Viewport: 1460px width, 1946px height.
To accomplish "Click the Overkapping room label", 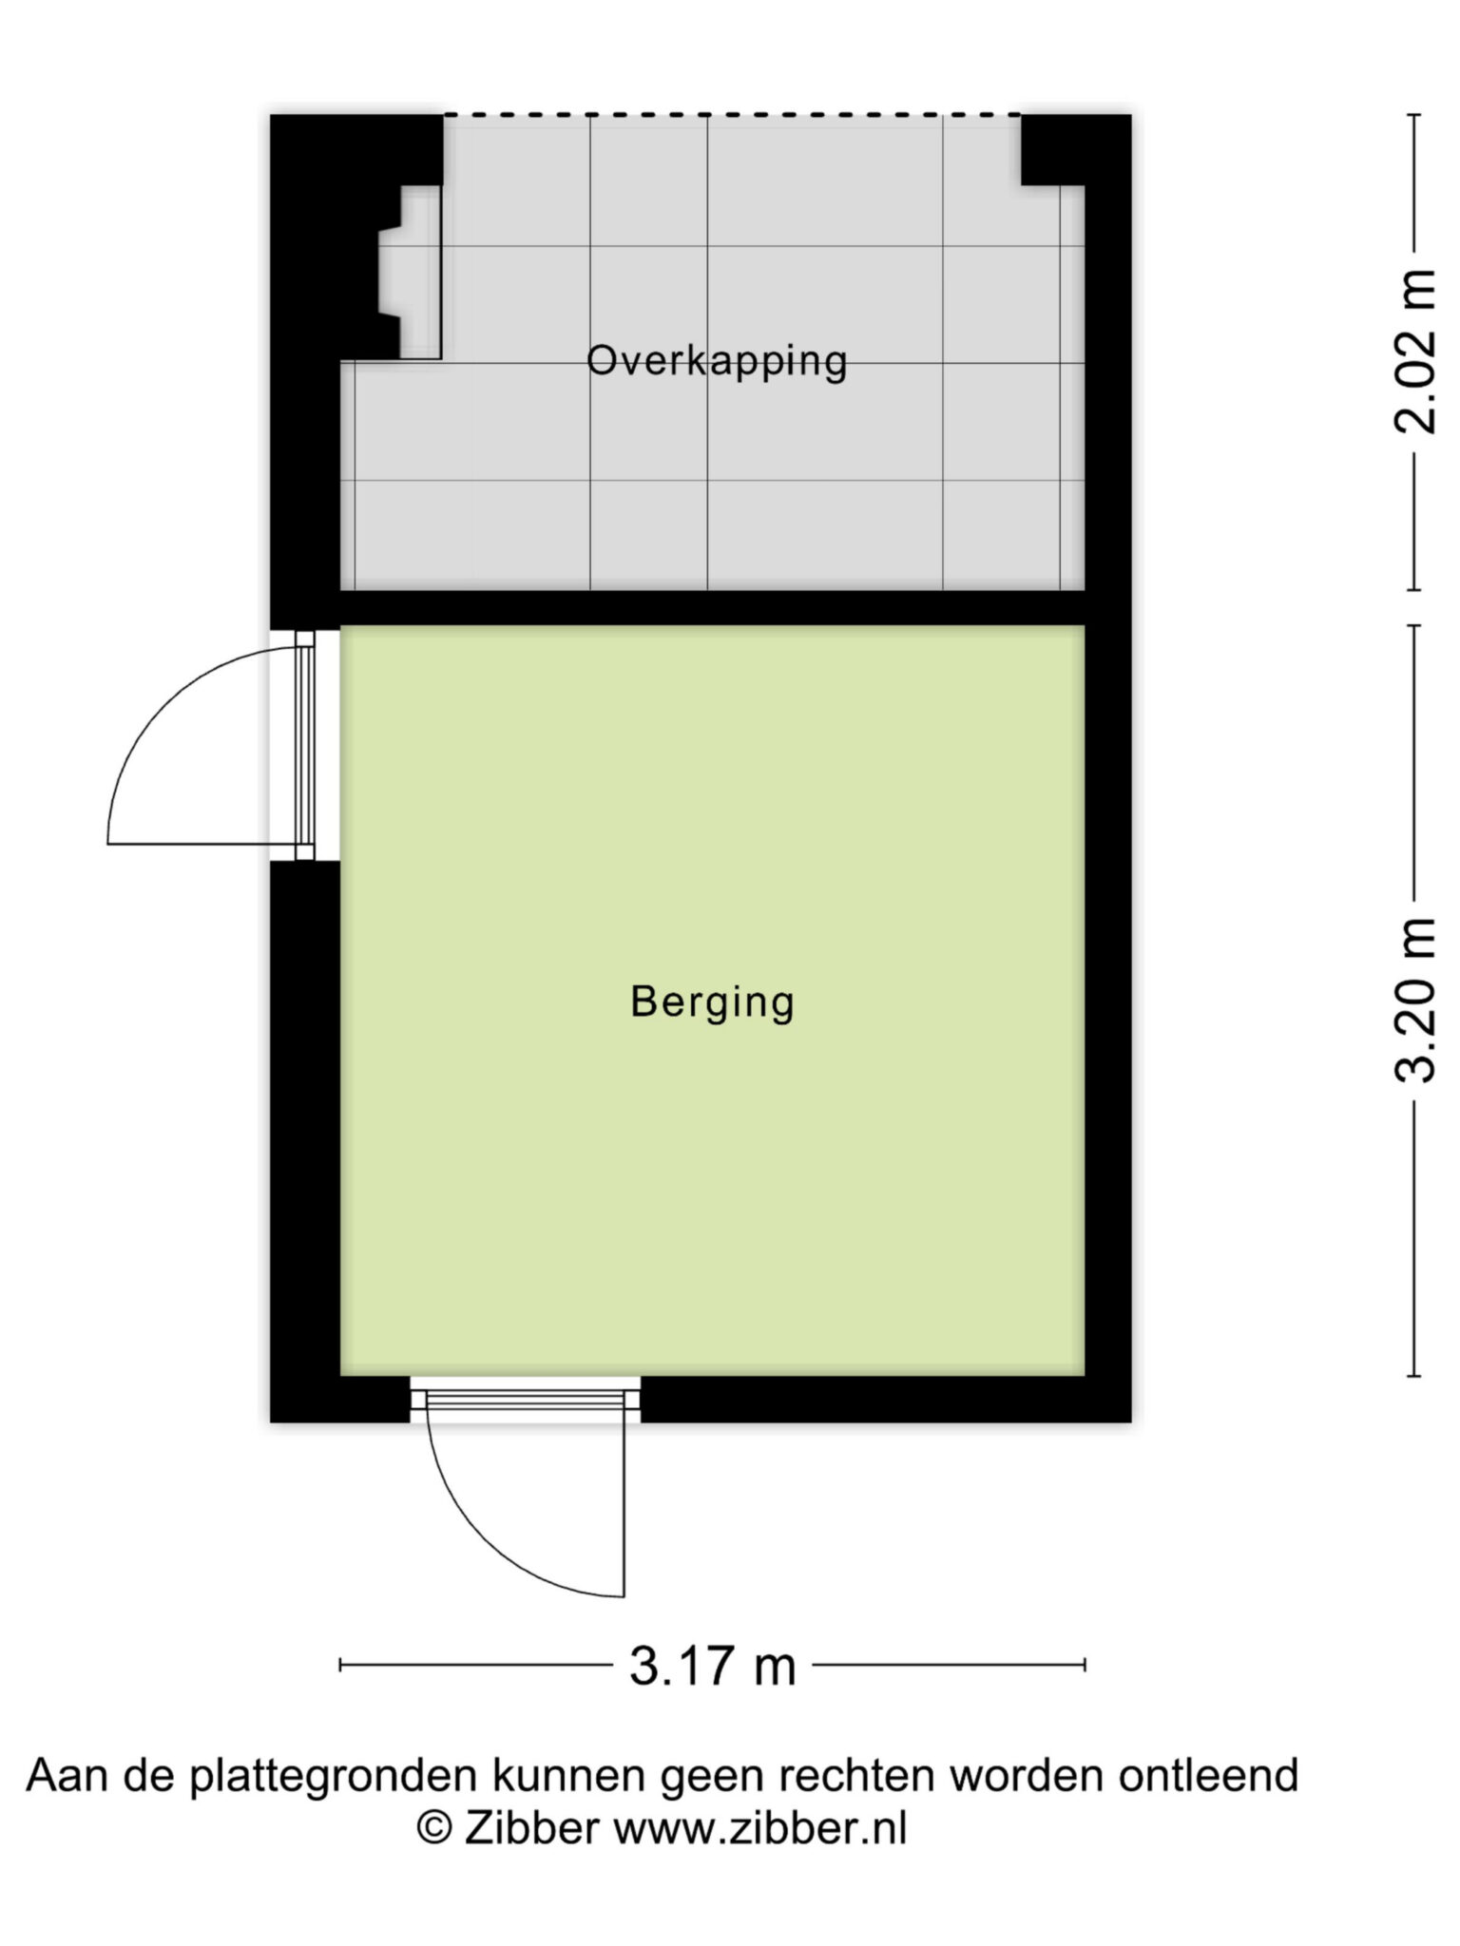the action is click(x=717, y=362).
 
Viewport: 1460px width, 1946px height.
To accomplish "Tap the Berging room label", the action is click(x=712, y=1003).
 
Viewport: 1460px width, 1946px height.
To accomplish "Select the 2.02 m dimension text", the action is click(x=1415, y=352).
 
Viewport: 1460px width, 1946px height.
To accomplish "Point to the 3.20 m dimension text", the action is click(x=1415, y=1000).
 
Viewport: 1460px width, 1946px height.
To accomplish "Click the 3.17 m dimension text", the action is click(x=712, y=1666).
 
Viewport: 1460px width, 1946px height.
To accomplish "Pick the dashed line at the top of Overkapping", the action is click(x=732, y=115).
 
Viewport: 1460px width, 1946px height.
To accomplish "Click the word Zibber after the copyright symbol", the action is click(x=531, y=1828).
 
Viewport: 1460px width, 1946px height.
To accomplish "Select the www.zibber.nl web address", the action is click(x=760, y=1828).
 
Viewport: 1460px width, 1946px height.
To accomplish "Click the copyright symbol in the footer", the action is click(x=434, y=1829).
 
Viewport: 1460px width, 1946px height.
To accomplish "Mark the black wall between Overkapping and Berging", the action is click(x=712, y=608).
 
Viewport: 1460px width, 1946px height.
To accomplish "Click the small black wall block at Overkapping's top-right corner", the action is click(x=1052, y=150).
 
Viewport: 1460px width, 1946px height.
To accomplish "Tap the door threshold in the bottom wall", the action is click(x=526, y=1400).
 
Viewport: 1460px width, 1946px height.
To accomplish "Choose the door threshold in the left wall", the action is click(x=305, y=746).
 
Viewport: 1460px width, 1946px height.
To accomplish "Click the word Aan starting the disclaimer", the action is click(x=65, y=1775).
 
